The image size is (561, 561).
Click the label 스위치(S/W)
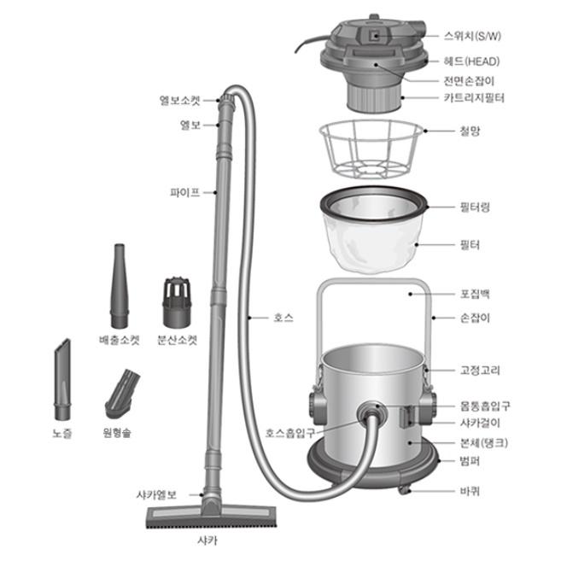[472, 36]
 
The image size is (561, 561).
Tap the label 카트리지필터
[474, 97]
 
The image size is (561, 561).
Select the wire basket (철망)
[371, 149]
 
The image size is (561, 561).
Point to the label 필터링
[475, 207]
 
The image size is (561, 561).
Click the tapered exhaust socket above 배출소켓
[120, 285]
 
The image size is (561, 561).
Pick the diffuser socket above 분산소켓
[177, 302]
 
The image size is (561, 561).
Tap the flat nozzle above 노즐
[62, 379]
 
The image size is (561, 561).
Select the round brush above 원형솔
[121, 394]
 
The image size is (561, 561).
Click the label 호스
[283, 318]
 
